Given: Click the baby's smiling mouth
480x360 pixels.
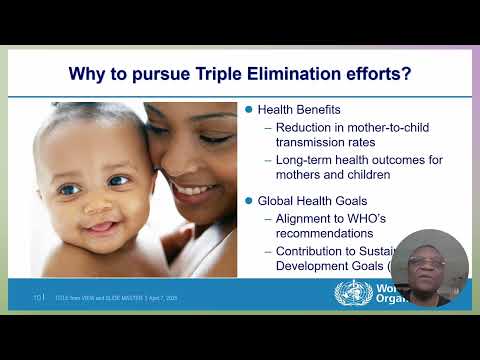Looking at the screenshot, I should click(102, 227).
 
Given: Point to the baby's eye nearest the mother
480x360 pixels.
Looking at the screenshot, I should click(119, 182).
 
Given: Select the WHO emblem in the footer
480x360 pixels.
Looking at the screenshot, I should click(350, 295).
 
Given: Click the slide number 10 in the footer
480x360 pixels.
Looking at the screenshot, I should click(37, 297).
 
